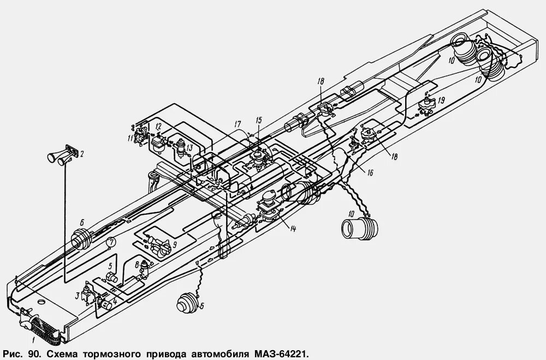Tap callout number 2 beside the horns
(x=82, y=155)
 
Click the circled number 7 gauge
(x=111, y=241)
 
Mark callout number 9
(x=174, y=244)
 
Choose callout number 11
(x=131, y=138)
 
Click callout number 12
(x=157, y=127)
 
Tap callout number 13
(x=189, y=148)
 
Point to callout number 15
(x=259, y=120)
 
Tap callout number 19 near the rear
(x=441, y=99)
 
